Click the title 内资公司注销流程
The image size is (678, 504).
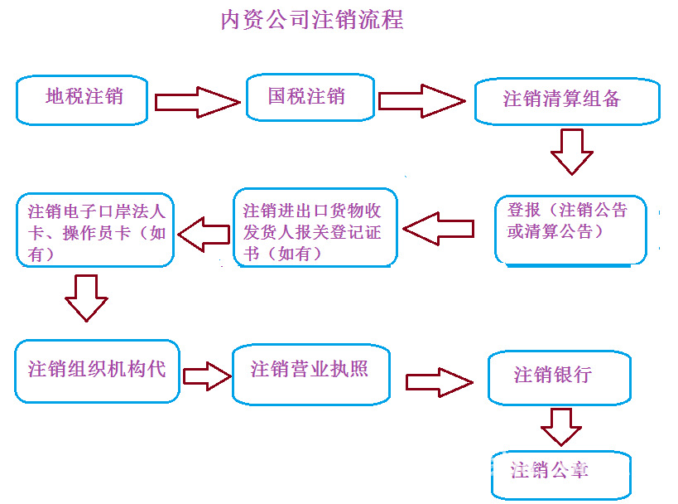311,20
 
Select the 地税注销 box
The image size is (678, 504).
83,99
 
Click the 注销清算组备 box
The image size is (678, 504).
567,101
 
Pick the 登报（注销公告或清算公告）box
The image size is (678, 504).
570,229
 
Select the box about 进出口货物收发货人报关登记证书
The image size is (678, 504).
315,229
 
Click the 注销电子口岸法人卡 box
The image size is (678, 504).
96,230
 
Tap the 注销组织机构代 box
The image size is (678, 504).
97,371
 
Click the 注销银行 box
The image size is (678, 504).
559,377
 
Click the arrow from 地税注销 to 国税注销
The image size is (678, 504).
197,102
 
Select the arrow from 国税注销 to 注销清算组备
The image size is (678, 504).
421,101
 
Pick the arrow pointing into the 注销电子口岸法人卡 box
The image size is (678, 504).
204,235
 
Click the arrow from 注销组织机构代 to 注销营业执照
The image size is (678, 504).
207,376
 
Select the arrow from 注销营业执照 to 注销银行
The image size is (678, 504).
438,382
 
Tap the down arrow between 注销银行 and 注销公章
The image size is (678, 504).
560,425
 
